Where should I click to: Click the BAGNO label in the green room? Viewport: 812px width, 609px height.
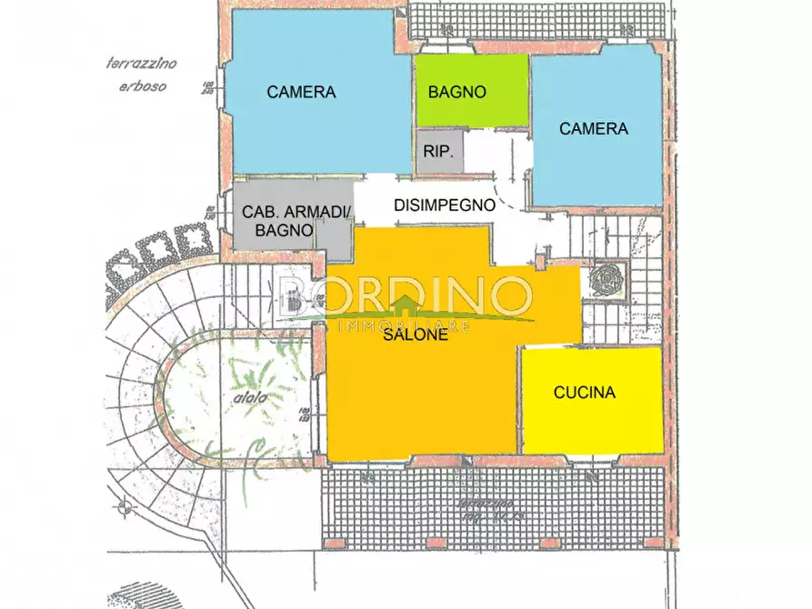click(x=457, y=92)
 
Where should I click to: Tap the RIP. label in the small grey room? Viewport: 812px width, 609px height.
click(x=439, y=152)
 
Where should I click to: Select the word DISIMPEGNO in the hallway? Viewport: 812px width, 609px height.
click(x=445, y=205)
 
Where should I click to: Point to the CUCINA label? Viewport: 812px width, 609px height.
click(x=585, y=393)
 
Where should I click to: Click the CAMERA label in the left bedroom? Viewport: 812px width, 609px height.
click(x=301, y=92)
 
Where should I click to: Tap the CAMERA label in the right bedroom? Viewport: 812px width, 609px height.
click(x=593, y=129)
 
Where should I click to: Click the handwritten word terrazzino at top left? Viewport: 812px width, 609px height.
click(x=140, y=64)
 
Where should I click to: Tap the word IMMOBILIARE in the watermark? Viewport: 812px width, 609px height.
click(x=405, y=324)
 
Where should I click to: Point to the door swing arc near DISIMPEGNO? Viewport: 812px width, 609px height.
click(x=516, y=195)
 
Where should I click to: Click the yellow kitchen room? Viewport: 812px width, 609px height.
click(x=591, y=418)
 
